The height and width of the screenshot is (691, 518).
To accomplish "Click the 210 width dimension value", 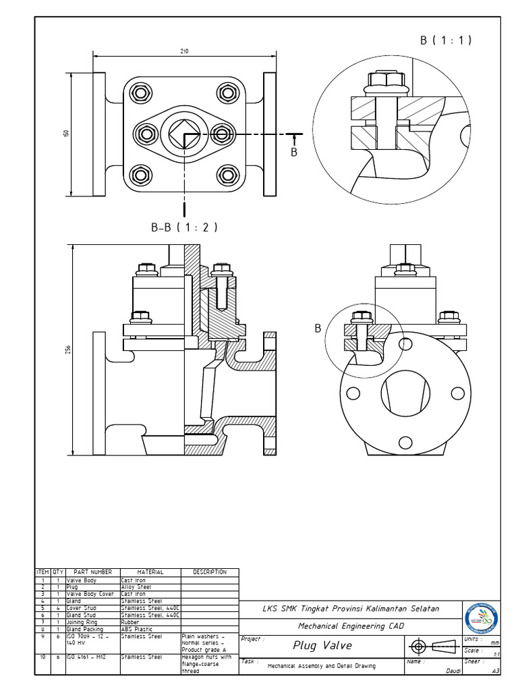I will click(x=184, y=51).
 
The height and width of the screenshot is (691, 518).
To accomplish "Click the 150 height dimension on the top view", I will click(x=67, y=134).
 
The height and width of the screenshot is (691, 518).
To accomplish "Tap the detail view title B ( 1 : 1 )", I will click(x=446, y=40).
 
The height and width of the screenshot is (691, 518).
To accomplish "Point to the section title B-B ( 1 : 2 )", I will click(x=184, y=227).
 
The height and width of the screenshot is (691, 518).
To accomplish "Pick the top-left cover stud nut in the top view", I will click(x=140, y=92).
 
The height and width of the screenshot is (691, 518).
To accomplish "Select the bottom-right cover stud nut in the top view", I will click(x=227, y=176).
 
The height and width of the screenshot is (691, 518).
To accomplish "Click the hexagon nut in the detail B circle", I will click(x=385, y=81).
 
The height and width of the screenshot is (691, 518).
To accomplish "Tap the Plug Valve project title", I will click(x=322, y=646).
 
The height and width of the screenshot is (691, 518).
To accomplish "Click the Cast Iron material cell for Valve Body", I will click(x=150, y=580).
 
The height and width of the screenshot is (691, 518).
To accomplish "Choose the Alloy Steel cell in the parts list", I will click(x=150, y=587).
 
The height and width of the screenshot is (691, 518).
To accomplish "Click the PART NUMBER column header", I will click(x=92, y=572).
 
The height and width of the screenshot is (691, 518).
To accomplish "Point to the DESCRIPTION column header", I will click(x=210, y=572).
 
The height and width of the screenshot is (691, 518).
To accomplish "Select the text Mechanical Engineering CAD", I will click(x=351, y=626).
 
